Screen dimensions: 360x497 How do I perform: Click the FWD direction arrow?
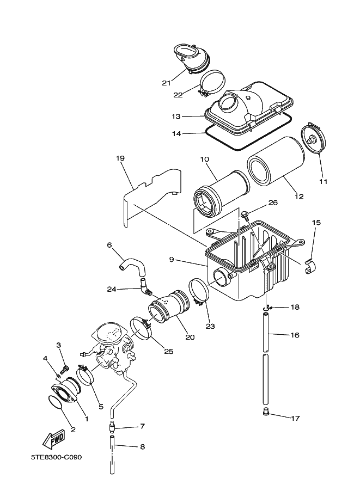54,439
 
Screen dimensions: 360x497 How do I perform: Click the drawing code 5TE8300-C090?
56,457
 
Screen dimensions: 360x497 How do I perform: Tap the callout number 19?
120,158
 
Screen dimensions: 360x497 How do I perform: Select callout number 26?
273,203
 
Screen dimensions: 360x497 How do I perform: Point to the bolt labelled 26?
245,214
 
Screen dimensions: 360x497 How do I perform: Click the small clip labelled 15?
311,267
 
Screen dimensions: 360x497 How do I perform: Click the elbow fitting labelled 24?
145,287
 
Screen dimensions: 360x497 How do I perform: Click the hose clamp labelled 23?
199,292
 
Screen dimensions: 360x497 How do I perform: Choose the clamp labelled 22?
212,83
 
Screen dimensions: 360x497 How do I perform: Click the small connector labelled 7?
112,426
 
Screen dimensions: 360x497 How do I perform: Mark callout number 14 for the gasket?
176,134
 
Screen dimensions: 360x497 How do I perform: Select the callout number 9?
172,260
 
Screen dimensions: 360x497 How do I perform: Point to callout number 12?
299,197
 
